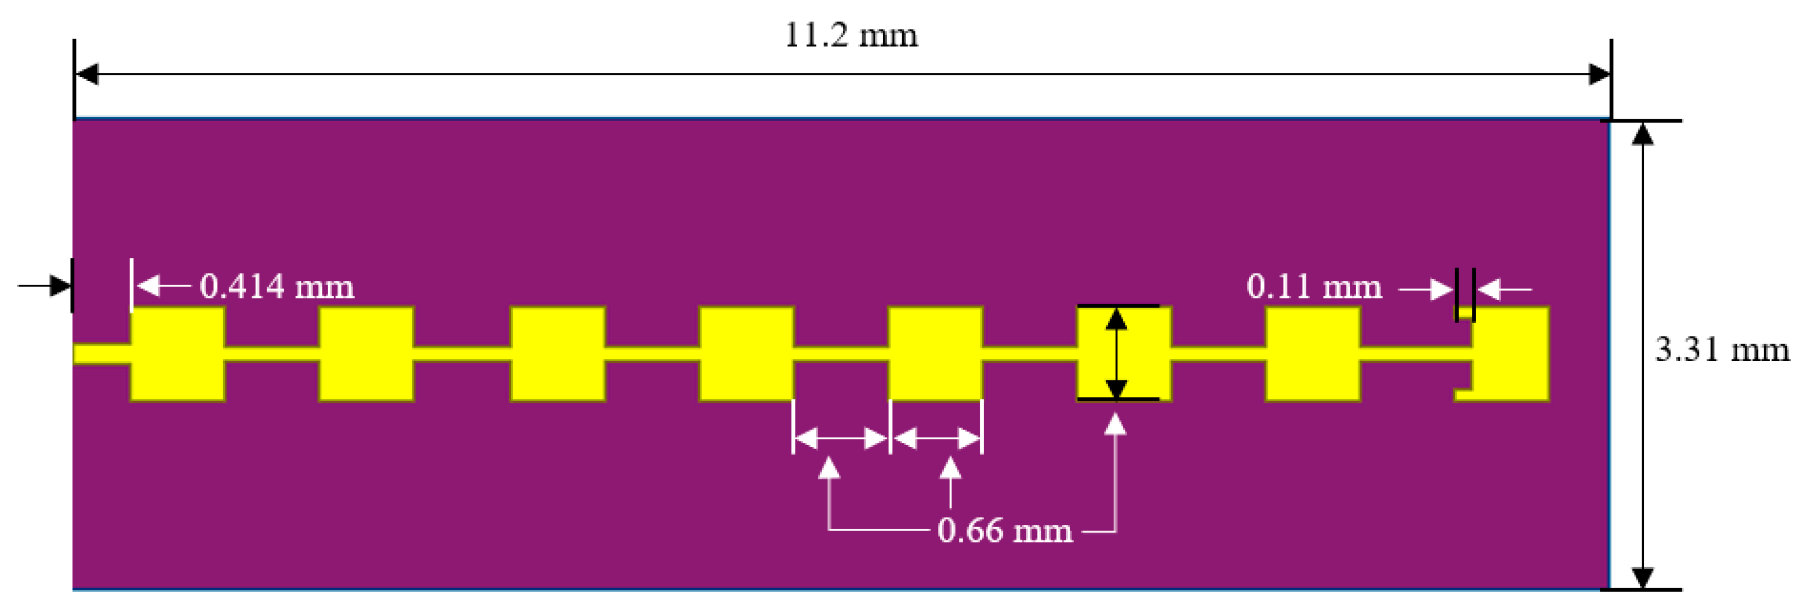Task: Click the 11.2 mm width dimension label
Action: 850,35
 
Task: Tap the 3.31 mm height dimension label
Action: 1722,349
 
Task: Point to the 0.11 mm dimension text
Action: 1314,286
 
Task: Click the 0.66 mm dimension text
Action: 1004,530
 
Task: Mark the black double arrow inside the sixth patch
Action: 1116,353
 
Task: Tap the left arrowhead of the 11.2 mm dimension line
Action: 87,74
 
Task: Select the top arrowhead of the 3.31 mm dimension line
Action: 1643,133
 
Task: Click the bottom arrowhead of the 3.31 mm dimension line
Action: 1643,578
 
